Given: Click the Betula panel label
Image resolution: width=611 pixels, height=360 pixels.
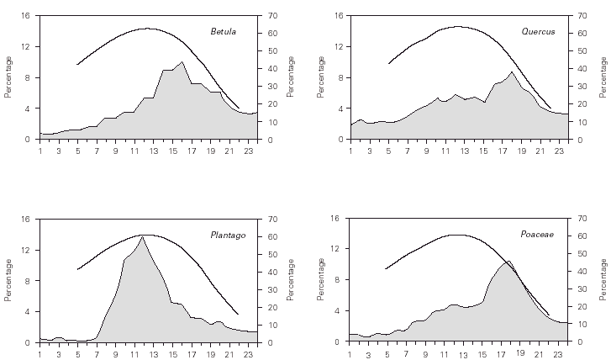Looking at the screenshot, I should coord(223,32).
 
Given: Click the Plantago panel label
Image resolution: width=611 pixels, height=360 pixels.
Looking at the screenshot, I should coord(228,235).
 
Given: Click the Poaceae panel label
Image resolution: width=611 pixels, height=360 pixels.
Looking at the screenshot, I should coord(536,235).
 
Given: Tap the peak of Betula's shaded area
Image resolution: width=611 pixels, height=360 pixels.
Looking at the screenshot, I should coord(182,61).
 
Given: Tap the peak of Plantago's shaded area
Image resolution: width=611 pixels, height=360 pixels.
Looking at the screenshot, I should coord(142,236).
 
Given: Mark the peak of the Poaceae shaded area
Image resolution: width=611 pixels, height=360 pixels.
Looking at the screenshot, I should coord(508,261).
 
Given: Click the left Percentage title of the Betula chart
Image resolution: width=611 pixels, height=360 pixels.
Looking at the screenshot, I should coord(8,77).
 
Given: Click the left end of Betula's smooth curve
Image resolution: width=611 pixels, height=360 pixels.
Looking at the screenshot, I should coord(77,64).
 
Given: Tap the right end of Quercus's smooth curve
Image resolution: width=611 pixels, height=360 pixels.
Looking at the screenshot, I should coord(550,108).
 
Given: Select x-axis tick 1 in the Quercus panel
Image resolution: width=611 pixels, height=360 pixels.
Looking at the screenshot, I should coord(350,151).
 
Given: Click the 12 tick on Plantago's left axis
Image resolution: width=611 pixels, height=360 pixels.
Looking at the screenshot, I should coord(28,250).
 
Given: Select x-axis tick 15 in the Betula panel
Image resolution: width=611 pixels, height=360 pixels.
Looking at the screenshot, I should coord(171,151).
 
